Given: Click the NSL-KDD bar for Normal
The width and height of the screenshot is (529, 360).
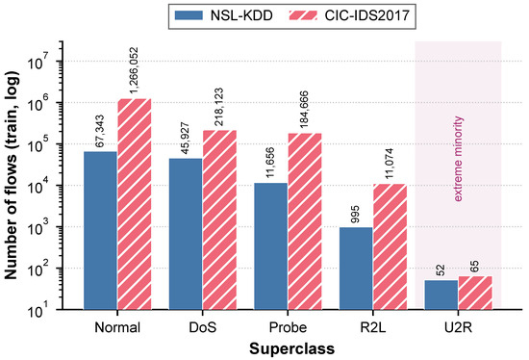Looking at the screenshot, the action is point(101,230).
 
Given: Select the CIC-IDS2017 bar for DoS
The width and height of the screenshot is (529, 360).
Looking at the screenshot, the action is point(219,219).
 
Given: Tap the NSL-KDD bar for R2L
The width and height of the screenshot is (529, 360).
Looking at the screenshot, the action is point(356,269).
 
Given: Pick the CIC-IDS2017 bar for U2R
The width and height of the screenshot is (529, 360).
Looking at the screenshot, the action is point(475,293).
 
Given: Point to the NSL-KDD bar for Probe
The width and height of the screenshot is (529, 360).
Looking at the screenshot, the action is point(271,246).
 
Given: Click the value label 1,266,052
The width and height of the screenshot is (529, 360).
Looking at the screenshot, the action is point(135,70).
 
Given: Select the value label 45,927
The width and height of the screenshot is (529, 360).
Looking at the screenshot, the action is point(186,138).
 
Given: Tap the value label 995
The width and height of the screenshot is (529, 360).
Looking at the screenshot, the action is point(356,215).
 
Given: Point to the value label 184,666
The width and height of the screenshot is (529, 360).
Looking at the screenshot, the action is point(304,110).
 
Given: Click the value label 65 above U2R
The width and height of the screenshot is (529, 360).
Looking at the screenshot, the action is point(475,266).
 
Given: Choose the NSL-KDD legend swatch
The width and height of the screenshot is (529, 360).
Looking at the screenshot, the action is point(189,15).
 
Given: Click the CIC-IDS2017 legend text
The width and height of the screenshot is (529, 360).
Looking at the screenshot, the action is point(367,15).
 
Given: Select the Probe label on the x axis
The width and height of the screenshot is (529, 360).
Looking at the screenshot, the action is point(288,327).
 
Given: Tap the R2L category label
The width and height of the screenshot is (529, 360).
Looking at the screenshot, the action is point(373,327).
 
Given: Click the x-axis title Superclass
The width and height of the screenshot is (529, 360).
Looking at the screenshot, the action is point(291,348).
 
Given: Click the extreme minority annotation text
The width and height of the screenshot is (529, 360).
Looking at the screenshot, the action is point(458,159).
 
